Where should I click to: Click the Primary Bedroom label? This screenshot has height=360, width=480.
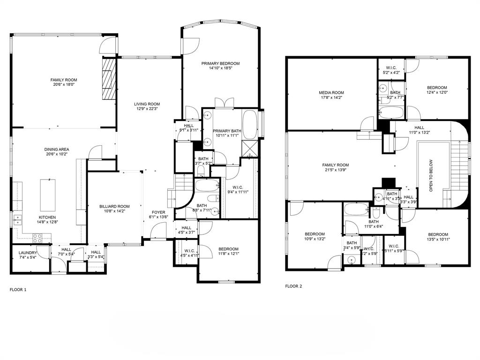click(220, 63)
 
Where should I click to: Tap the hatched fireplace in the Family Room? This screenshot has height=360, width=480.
click(109, 78)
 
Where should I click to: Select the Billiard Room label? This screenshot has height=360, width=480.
click(114, 206)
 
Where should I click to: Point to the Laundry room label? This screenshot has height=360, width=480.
click(27, 252)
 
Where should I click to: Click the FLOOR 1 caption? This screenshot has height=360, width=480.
click(18, 290)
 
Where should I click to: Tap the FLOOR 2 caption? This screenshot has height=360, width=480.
click(294, 286)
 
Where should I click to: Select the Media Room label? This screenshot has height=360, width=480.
click(331, 93)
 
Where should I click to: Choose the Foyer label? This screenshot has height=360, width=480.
click(158, 212)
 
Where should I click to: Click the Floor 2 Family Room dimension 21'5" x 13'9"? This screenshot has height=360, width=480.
click(336, 170)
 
